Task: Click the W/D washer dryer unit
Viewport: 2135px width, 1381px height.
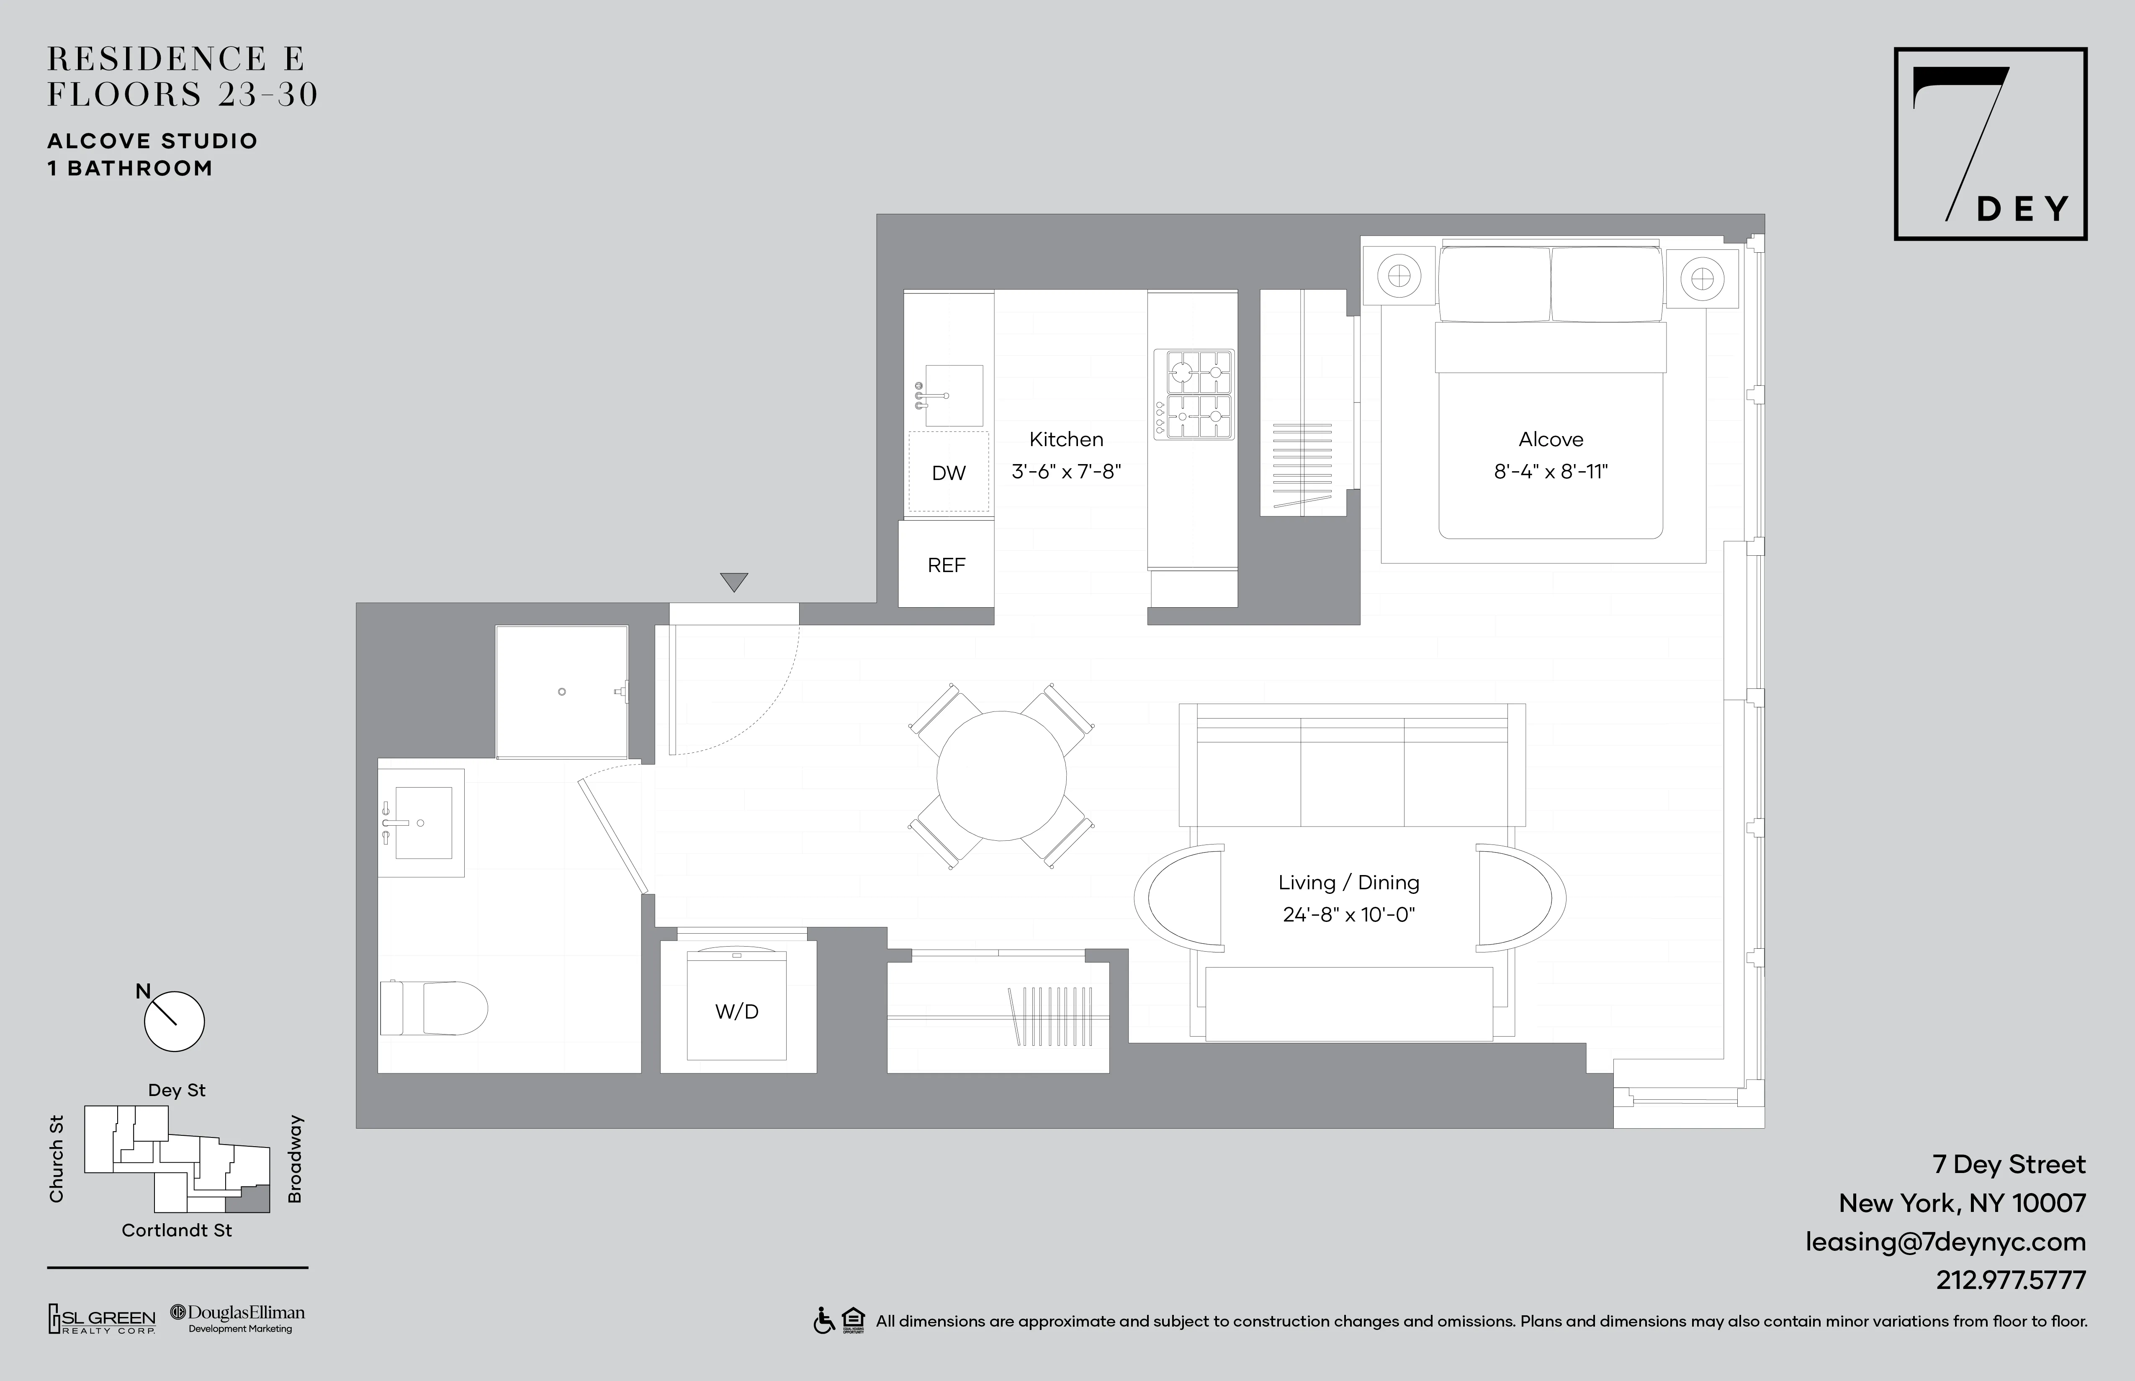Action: [x=736, y=1011]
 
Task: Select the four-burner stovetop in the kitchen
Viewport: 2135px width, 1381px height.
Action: [x=1193, y=395]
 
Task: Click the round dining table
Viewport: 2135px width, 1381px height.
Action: [x=1001, y=776]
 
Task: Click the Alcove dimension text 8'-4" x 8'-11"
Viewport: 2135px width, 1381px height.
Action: [x=1550, y=472]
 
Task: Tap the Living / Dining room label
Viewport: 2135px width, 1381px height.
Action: [x=1348, y=883]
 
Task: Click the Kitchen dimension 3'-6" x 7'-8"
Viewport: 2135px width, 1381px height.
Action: [x=1066, y=472]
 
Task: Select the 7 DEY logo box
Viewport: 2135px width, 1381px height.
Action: [x=1990, y=144]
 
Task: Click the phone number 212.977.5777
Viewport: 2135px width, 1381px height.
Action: [x=2010, y=1280]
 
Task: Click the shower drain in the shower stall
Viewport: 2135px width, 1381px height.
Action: [x=561, y=691]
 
